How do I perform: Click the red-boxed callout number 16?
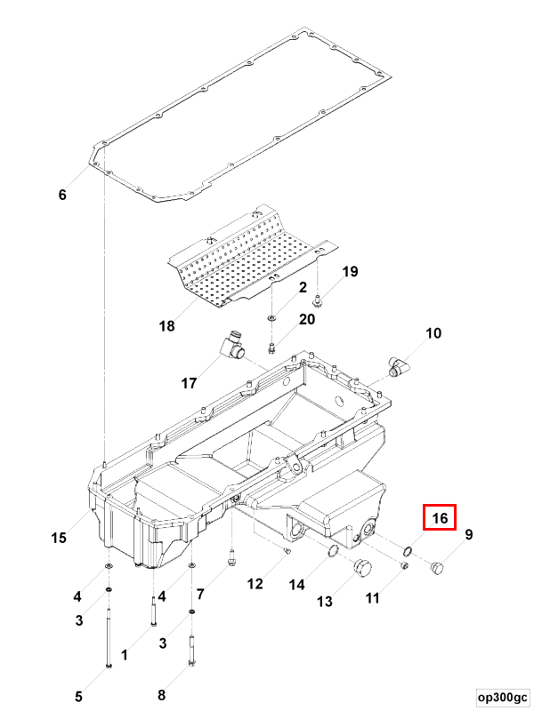point(440,518)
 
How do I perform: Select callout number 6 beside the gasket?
point(61,195)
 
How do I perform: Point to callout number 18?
point(166,326)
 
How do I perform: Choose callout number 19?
point(350,271)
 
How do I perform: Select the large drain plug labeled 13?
point(361,569)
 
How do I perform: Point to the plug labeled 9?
point(435,566)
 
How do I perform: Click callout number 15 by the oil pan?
point(59,537)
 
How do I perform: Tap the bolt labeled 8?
point(191,653)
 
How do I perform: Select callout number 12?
point(255,584)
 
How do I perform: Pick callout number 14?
point(296,585)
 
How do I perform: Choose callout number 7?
point(200,594)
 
